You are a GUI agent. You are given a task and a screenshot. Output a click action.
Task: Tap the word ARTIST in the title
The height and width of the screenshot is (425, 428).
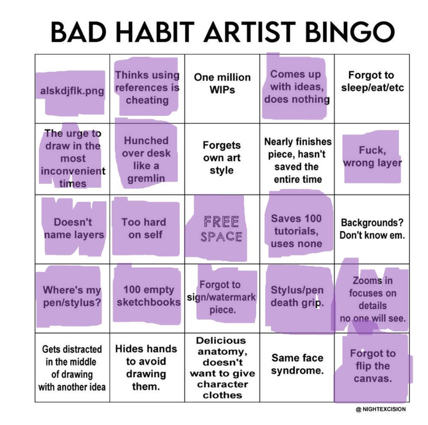click(x=250, y=32)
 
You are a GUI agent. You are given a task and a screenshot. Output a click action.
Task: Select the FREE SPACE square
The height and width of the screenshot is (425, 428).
click(x=222, y=229)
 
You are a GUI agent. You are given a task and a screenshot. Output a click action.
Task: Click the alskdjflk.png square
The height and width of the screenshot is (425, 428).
click(x=72, y=89)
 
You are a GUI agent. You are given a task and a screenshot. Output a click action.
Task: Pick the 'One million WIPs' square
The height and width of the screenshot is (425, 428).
click(x=222, y=89)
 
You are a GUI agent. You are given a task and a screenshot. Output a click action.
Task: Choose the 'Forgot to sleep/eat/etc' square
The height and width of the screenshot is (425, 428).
click(x=372, y=89)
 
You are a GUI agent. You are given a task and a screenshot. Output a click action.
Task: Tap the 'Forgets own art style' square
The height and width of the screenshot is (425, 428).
click(x=222, y=159)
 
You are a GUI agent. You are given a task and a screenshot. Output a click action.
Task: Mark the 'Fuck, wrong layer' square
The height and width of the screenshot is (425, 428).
click(x=372, y=159)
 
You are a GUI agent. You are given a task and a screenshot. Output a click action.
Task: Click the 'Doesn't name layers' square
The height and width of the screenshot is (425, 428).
click(x=72, y=229)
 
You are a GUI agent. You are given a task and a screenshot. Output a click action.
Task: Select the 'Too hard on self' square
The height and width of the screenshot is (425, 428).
click(x=147, y=229)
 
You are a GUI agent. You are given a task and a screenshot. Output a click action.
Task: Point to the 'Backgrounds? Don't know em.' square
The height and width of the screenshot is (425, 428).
click(x=372, y=229)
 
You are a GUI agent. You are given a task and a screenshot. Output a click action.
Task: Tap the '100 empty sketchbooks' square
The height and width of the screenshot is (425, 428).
click(x=147, y=298)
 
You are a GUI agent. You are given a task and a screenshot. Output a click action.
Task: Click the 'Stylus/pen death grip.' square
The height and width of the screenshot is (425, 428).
click(x=297, y=298)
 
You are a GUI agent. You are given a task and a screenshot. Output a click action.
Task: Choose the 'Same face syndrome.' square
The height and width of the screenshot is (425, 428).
click(x=297, y=367)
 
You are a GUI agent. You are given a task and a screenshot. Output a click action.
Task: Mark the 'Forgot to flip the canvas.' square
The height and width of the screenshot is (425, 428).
click(x=372, y=367)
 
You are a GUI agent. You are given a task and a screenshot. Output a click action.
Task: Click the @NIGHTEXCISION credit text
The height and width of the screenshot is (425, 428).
click(x=381, y=409)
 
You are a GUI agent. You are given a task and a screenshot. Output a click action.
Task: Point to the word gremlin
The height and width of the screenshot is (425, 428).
click(x=146, y=179)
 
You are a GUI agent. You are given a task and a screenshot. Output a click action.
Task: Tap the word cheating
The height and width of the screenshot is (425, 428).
click(x=147, y=100)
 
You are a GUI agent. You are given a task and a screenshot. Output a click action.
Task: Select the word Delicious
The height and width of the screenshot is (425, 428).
click(x=221, y=340)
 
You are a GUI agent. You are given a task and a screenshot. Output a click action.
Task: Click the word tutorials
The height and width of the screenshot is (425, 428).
click(x=297, y=231)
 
